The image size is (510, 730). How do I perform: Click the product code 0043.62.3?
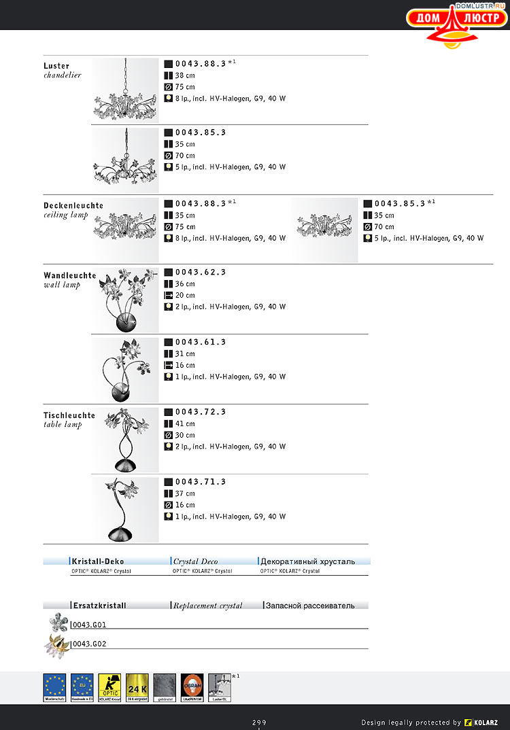pyautogui.click(x=201, y=272)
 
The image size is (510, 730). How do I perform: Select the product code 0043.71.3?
pyautogui.click(x=201, y=482)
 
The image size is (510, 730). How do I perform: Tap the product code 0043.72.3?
pyautogui.click(x=201, y=412)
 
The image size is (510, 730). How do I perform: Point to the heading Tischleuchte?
pyautogui.click(x=69, y=415)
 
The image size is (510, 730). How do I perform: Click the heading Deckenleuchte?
pyautogui.click(x=73, y=205)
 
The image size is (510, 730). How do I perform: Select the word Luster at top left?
pyautogui.click(x=56, y=66)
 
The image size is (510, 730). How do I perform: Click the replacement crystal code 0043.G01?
pyautogui.click(x=89, y=625)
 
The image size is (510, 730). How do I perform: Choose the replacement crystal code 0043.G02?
pyautogui.click(x=89, y=644)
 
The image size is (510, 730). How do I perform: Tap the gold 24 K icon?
pyautogui.click(x=137, y=687)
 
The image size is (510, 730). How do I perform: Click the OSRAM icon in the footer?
pyautogui.click(x=192, y=687)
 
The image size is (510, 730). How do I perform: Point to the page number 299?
pyautogui.click(x=259, y=722)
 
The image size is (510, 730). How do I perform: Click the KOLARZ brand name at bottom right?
pyautogui.click(x=486, y=722)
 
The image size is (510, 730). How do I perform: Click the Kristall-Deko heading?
pyautogui.click(x=98, y=561)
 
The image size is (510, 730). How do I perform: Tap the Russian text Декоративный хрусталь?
pyautogui.click(x=308, y=561)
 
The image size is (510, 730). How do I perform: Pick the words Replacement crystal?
pyautogui.click(x=208, y=605)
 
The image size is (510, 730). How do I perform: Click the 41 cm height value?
pyautogui.click(x=185, y=423)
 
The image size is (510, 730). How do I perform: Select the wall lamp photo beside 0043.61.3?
pyautogui.click(x=125, y=370)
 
